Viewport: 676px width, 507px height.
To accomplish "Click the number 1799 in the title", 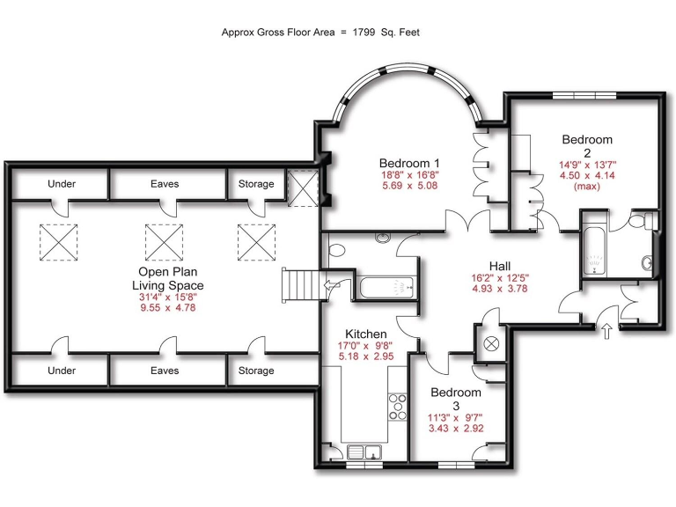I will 365,33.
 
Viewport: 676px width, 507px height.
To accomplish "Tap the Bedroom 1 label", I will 409,163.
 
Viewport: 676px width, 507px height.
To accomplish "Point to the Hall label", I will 500,265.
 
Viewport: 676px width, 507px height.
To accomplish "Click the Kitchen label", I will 365,334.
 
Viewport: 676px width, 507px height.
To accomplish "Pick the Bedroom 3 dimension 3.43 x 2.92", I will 456,428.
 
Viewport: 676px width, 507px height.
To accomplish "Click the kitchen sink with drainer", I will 363,452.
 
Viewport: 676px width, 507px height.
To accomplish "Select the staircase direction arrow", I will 332,284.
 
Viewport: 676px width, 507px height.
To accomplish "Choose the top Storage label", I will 256,184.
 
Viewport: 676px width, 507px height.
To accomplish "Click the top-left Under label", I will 62,184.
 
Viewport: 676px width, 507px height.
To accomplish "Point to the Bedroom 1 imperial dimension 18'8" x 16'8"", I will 409,175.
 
